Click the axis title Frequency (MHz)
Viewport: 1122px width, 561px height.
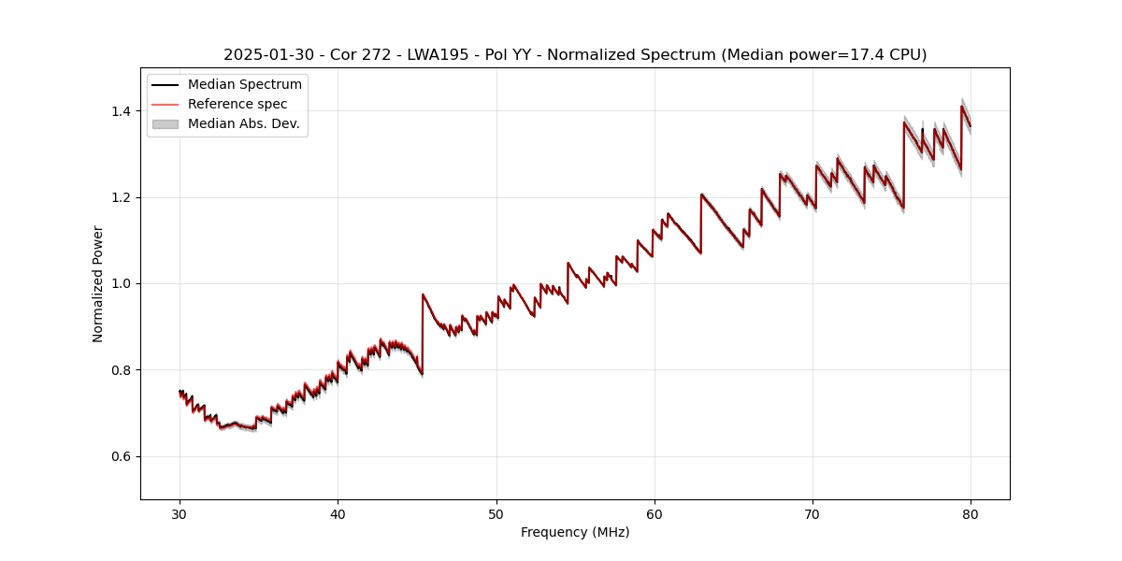click(x=575, y=532)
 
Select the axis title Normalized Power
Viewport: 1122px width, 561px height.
click(x=98, y=283)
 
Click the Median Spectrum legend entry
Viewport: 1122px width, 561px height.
click(x=245, y=85)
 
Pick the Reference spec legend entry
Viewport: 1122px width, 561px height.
click(x=237, y=104)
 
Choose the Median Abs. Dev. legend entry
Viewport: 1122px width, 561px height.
click(x=244, y=123)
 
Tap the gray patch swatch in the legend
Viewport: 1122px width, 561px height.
click(x=165, y=123)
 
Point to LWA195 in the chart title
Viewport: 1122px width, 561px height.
click(x=438, y=55)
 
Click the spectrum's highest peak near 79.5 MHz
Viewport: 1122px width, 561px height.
click(x=961, y=107)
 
